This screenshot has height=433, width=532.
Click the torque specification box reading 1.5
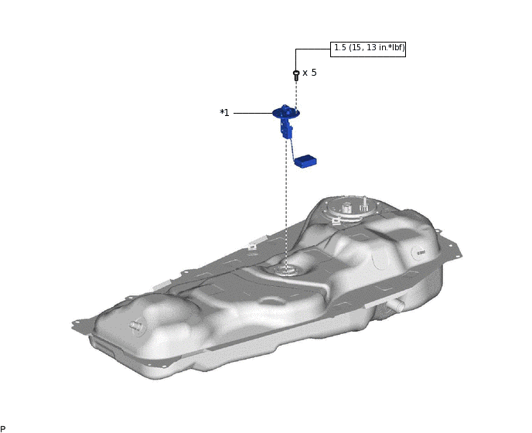coord(368,49)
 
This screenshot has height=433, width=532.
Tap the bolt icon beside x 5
coord(296,75)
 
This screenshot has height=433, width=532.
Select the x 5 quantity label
coord(309,73)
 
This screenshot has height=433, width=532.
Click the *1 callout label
coord(224,113)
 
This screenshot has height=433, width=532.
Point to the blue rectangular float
coord(305,161)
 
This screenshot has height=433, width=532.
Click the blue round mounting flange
coord(286,112)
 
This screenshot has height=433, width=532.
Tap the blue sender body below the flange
coord(287,128)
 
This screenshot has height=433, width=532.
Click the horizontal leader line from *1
coord(253,113)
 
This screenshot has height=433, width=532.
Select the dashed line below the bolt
coord(296,95)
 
